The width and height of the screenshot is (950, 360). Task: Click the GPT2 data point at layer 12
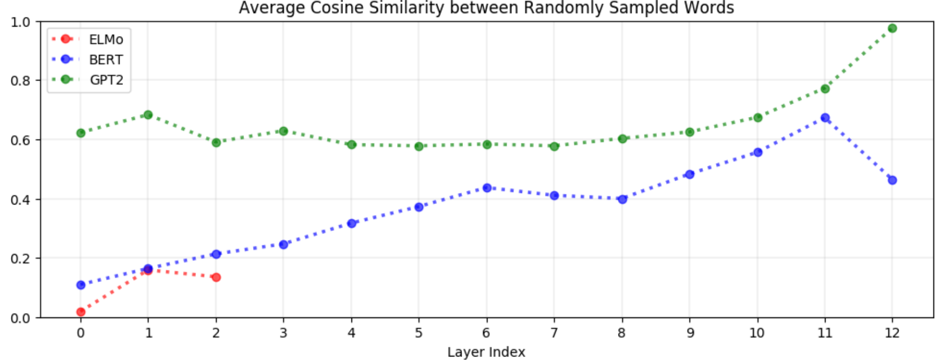pos(892,28)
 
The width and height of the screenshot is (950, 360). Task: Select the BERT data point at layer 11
pos(825,118)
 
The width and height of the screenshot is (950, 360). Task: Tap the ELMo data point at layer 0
pos(81,312)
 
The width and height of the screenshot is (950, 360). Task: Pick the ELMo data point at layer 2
pos(216,277)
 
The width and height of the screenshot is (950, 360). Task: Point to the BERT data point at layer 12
pos(892,180)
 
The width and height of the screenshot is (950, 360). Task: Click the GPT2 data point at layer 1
pos(148,115)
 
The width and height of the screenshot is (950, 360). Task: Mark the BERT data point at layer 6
pos(487,188)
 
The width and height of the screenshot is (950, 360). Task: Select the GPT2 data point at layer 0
pos(81,133)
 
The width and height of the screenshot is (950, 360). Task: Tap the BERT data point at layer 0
pos(81,285)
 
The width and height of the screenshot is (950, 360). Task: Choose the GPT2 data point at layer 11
pos(825,89)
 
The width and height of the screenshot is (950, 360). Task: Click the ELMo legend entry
pos(87,39)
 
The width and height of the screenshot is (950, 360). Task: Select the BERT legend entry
pos(87,59)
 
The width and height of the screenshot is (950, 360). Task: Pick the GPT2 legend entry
pos(87,80)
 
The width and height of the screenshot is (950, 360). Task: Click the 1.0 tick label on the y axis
pos(20,22)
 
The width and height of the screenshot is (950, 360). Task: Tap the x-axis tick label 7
pos(554,333)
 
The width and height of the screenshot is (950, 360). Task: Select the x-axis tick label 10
pos(757,333)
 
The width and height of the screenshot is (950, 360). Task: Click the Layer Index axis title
pos(486,352)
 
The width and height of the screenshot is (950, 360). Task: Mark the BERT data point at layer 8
pos(622,199)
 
